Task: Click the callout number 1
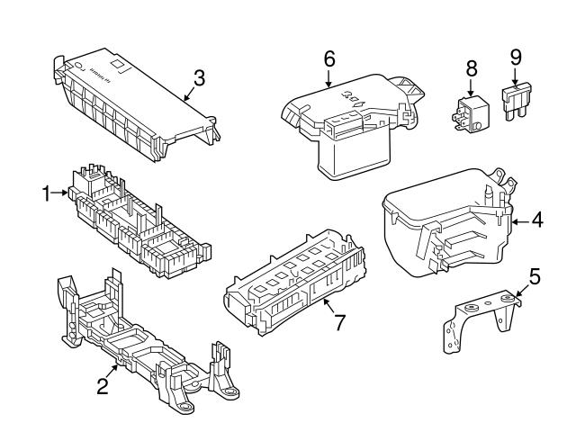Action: click(x=47, y=192)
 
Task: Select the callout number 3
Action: click(x=199, y=77)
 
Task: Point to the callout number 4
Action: click(x=536, y=218)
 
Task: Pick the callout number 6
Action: click(x=329, y=58)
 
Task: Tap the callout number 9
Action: click(x=516, y=58)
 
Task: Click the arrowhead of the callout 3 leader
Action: click(x=183, y=97)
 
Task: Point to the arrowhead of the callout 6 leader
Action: click(x=329, y=88)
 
